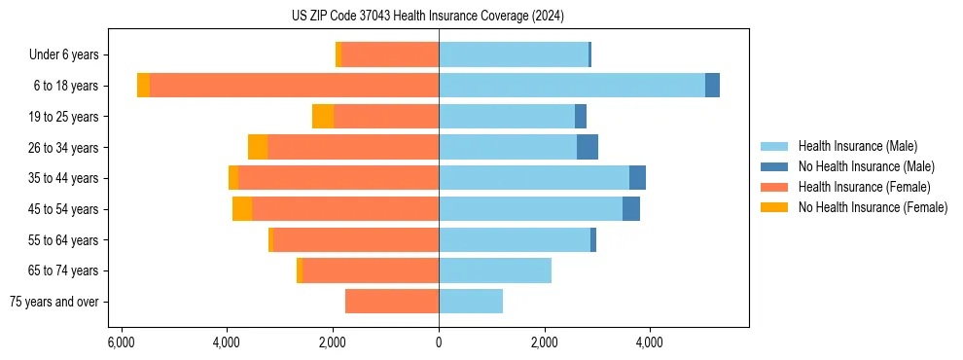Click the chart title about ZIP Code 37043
click(427, 16)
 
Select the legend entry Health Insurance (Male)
click(857, 146)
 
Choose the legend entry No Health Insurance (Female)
click(872, 207)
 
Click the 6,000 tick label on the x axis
click(121, 342)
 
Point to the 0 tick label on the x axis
click(439, 342)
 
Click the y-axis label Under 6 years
click(70, 54)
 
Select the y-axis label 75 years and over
click(56, 302)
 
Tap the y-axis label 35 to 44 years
click(65, 178)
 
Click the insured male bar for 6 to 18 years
click(572, 86)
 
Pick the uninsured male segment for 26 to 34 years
click(588, 147)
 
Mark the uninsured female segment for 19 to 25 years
click(323, 117)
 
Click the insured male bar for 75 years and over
click(471, 302)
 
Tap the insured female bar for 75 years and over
click(392, 302)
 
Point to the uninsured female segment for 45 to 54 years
click(242, 209)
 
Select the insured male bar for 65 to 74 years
click(495, 270)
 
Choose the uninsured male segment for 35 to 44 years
click(637, 178)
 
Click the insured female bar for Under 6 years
click(390, 54)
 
